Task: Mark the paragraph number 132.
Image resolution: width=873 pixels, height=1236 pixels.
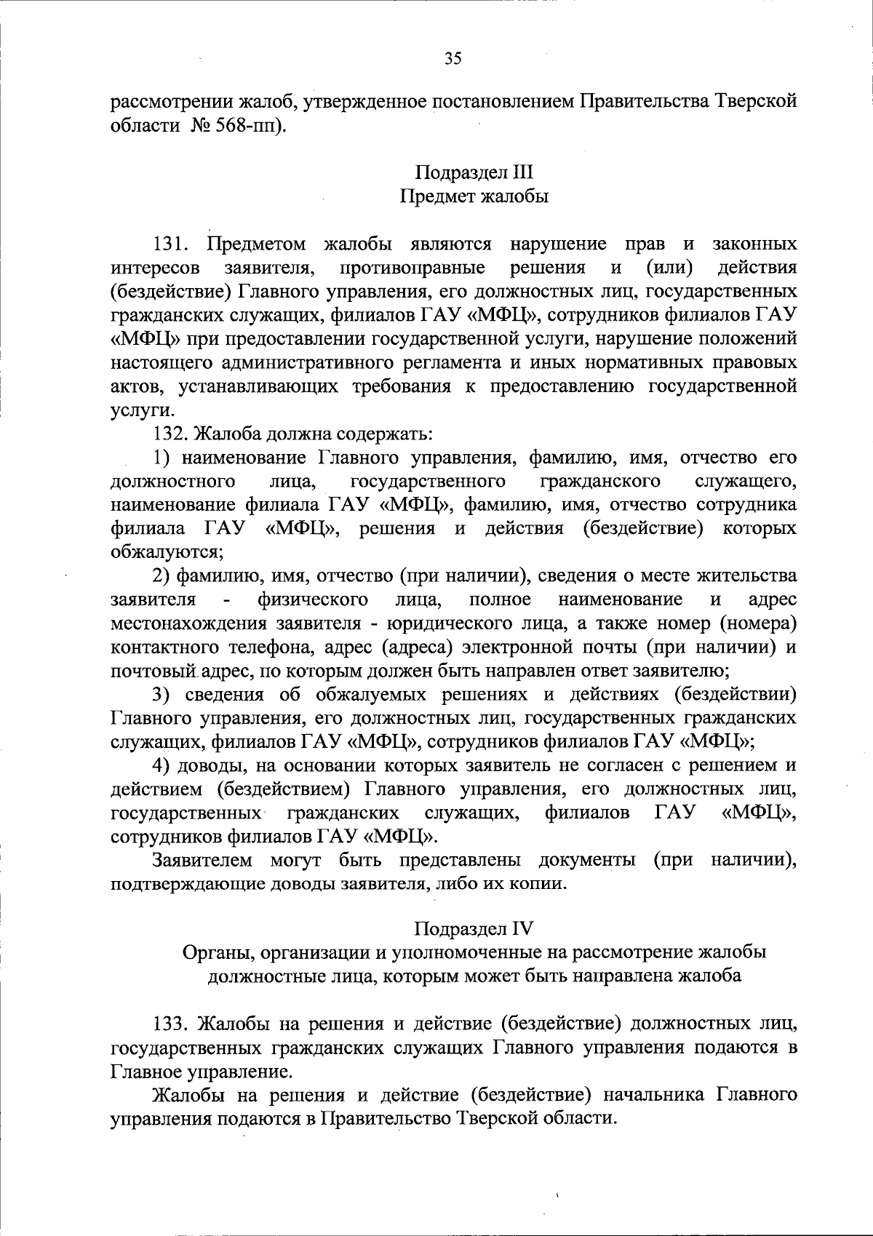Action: tap(171, 434)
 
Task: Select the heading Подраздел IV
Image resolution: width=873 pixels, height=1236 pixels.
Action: tap(474, 928)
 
